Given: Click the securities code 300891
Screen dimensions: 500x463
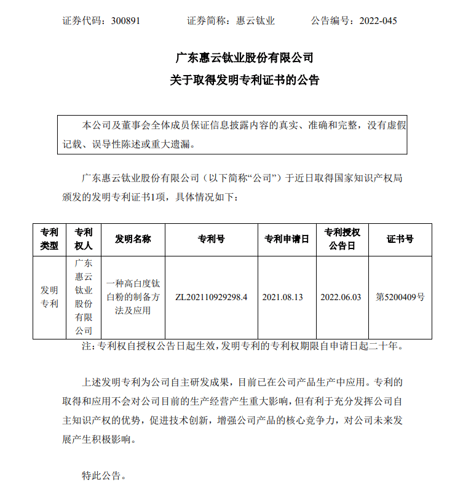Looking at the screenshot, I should click(x=126, y=21).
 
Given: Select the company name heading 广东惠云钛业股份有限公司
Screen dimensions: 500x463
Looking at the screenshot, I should click(x=245, y=58).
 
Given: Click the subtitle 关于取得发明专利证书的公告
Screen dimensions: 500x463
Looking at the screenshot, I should click(x=245, y=81).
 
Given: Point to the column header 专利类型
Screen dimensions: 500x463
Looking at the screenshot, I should click(x=50, y=239).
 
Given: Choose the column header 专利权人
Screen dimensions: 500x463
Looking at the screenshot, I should click(x=83, y=239).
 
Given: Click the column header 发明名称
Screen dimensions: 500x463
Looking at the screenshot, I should click(x=133, y=239).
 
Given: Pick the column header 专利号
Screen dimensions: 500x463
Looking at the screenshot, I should click(x=211, y=239).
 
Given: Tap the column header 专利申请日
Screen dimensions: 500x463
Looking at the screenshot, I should click(x=287, y=239).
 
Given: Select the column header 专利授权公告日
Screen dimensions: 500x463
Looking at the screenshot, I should click(x=342, y=239).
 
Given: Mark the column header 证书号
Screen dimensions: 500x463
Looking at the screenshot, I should click(x=400, y=239).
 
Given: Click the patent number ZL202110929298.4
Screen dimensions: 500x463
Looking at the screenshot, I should click(x=211, y=296).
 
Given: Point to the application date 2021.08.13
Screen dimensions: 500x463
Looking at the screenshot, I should click(x=283, y=296).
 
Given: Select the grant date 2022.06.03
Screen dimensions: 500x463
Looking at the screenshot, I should click(x=342, y=296).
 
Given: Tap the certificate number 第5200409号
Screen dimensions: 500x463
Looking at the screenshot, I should click(x=400, y=296).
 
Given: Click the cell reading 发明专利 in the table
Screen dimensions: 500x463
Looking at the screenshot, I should click(x=50, y=296).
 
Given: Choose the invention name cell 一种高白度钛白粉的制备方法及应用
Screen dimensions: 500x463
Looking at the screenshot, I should click(x=133, y=297).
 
